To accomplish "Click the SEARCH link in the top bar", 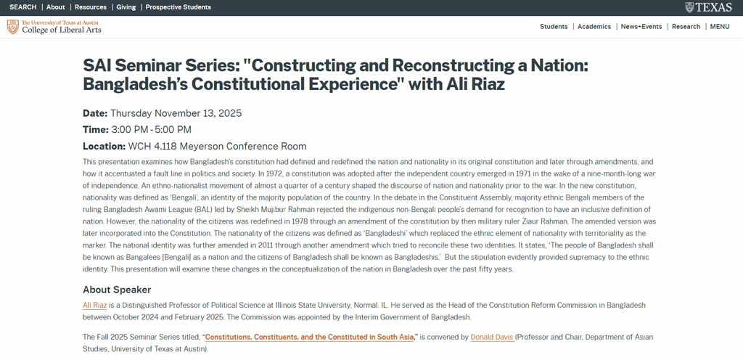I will click(x=22, y=7).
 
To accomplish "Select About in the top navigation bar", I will click(x=56, y=7).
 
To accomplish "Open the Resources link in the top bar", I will click(x=91, y=7).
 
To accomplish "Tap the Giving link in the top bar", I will click(x=126, y=7).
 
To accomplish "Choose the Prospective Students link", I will click(x=178, y=7).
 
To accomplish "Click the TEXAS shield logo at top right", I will click(x=708, y=7).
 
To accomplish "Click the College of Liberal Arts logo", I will click(x=54, y=27).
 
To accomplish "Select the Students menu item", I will click(x=554, y=27).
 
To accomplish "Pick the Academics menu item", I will click(x=594, y=27).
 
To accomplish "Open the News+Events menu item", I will click(x=641, y=27).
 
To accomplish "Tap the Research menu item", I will click(x=686, y=27).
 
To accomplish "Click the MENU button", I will click(x=720, y=27).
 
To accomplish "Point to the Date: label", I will click(x=95, y=113).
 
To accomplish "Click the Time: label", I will click(x=95, y=130).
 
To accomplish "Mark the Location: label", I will click(x=104, y=147).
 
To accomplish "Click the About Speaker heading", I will click(x=117, y=290).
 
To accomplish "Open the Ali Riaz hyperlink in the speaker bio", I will click(x=95, y=306).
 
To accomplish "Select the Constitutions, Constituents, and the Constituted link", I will click(x=311, y=337).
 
